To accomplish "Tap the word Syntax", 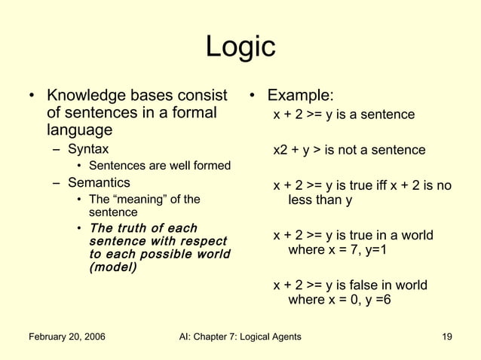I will coord(88,148).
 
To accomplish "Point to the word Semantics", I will coord(99,182).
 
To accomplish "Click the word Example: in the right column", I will coord(302,96).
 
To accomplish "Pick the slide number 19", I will coord(446,336).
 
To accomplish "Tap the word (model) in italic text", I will coord(112,267).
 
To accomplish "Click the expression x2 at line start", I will coord(280,151).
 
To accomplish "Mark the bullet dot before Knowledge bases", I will coord(31,96).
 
